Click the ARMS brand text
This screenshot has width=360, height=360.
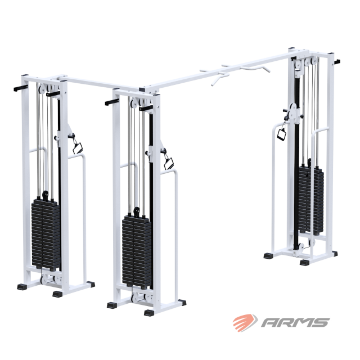click(295, 322)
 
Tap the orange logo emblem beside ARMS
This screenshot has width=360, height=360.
click(245, 322)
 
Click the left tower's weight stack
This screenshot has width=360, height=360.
click(46, 234)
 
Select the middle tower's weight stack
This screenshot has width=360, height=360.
click(137, 251)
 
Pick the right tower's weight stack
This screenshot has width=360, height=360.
click(311, 200)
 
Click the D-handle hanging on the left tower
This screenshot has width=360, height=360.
click(78, 147)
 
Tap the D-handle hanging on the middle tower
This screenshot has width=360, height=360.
click(169, 163)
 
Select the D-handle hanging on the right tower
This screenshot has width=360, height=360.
click(281, 134)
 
